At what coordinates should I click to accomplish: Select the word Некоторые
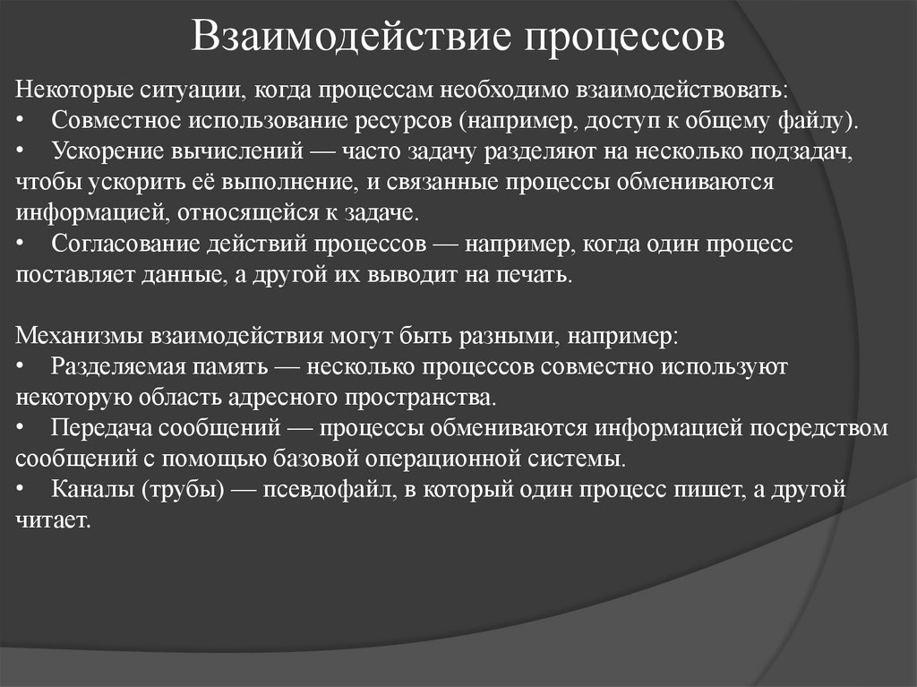(x=73, y=90)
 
